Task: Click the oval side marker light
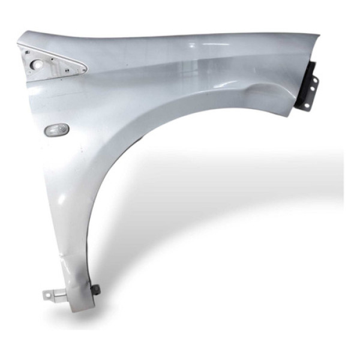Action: (57, 130)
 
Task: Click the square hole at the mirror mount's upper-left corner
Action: (26, 53)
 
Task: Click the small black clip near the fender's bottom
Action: (94, 290)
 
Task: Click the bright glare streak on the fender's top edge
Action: (198, 45)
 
